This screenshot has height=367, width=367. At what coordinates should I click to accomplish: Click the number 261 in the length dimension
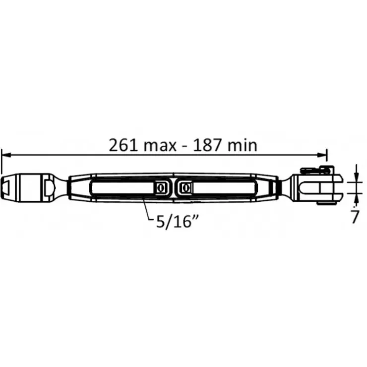click(123, 145)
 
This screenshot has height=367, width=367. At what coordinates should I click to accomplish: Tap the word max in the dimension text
click(160, 146)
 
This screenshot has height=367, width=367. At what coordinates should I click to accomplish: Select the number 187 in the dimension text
click(207, 145)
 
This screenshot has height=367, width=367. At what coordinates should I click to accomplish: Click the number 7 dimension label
click(355, 217)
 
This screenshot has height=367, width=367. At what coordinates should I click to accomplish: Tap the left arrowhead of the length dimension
click(6, 155)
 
